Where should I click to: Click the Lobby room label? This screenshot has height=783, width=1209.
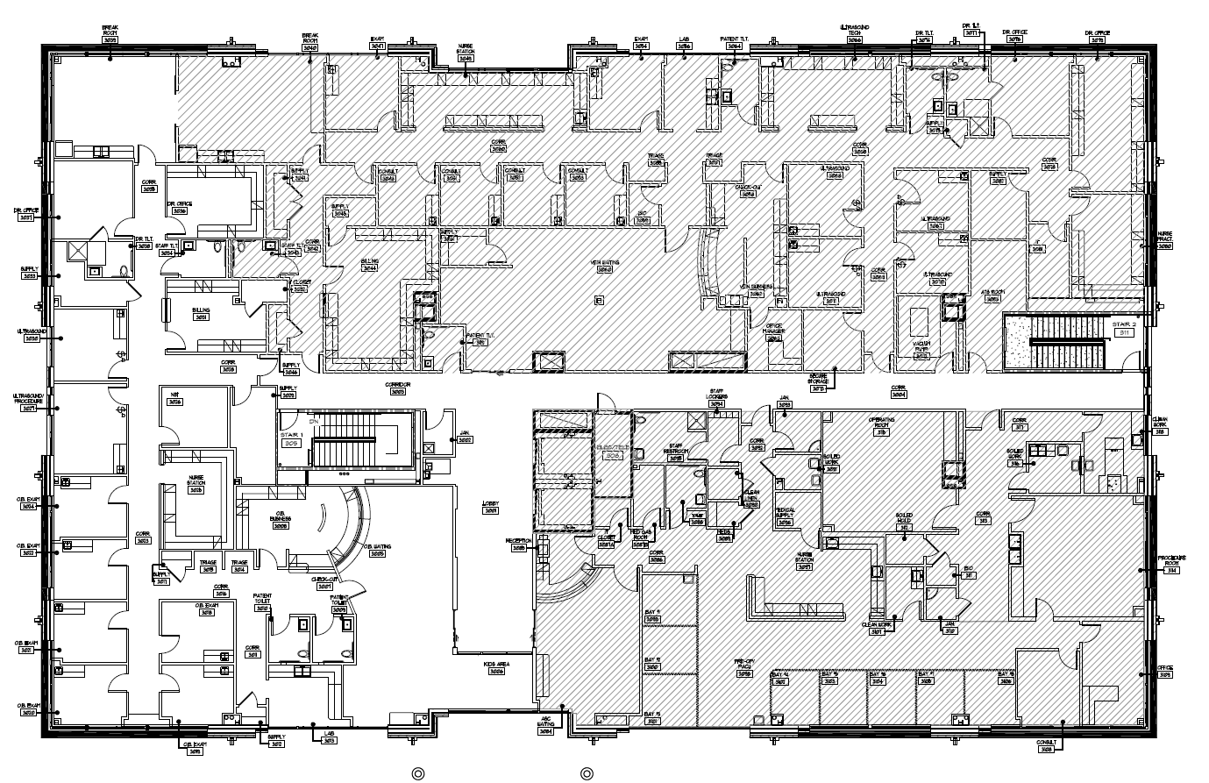coord(491,507)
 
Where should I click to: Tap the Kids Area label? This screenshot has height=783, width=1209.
coord(496,666)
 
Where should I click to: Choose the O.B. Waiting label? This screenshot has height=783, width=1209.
coord(378,549)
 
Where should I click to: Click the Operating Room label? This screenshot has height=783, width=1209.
coord(881,424)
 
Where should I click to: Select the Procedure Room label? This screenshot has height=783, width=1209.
coord(1171,561)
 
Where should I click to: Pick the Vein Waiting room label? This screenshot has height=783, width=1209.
coord(604,265)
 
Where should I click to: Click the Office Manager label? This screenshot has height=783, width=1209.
coord(773,330)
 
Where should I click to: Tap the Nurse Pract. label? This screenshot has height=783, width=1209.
coord(1165,242)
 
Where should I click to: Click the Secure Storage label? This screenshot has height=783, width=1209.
coord(818,381)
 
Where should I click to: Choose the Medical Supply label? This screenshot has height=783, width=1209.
coord(785,517)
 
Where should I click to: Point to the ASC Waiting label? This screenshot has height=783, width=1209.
coord(546,726)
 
